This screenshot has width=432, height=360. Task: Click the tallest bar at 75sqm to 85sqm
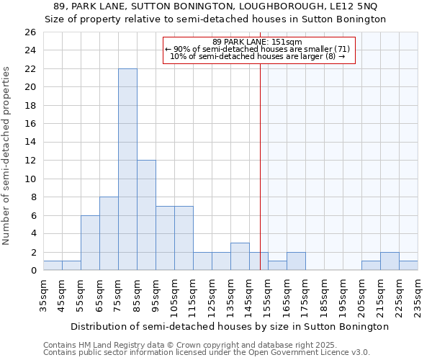click(127, 169)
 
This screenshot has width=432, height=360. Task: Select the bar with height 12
click(146, 215)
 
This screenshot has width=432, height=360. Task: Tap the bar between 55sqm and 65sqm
click(90, 243)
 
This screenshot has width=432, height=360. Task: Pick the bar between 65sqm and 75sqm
click(109, 233)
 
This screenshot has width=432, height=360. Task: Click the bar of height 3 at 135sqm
click(240, 256)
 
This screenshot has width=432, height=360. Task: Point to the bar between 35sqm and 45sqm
click(53, 266)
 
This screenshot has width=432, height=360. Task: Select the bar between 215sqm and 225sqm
click(390, 261)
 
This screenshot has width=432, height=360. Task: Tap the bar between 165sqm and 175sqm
click(296, 261)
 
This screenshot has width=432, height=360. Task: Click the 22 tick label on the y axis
click(30, 68)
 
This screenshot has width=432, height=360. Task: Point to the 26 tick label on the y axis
click(30, 32)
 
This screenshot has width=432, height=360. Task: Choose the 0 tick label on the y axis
click(32, 270)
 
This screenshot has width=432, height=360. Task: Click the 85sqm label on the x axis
click(137, 294)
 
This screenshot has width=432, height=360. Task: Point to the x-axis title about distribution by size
click(230, 326)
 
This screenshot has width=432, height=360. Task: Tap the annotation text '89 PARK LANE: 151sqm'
click(257, 42)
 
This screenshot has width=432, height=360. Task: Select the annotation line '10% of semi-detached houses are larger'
click(257, 57)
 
